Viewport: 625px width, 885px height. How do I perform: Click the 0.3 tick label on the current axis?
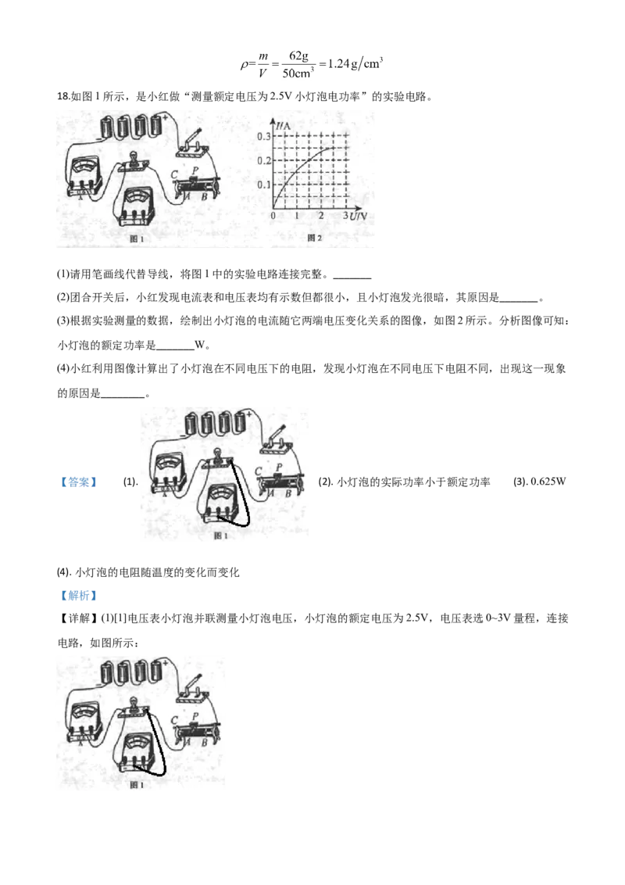[x=263, y=137]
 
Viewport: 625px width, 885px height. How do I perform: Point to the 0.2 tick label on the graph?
[x=263, y=161]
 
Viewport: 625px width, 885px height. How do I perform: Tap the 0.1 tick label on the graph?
[x=263, y=185]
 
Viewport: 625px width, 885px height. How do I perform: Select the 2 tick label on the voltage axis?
[x=321, y=216]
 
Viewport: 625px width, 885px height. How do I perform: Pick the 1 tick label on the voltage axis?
[x=297, y=216]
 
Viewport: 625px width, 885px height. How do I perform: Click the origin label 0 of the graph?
[x=273, y=216]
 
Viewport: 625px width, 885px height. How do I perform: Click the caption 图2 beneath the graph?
[x=315, y=238]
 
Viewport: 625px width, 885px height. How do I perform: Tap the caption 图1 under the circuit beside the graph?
[x=136, y=239]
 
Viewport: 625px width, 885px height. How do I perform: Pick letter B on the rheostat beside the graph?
[x=203, y=197]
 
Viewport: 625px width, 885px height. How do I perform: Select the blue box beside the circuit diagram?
[x=79, y=482]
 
